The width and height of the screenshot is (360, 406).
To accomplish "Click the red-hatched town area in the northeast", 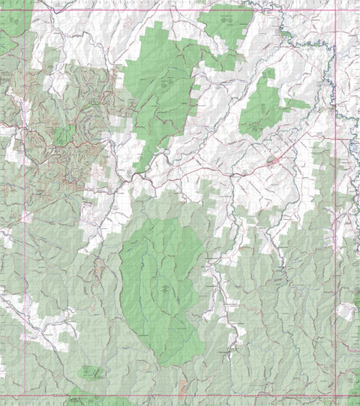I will click(274, 160).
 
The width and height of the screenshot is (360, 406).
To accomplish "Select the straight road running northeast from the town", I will click(304, 143).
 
